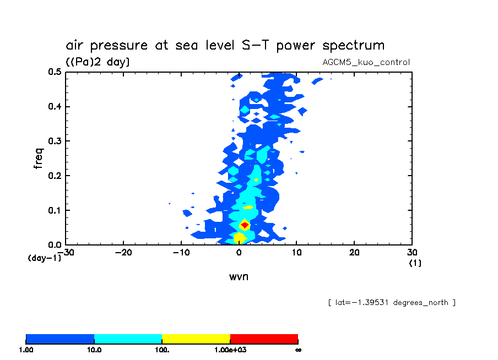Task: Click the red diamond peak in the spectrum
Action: (x=245, y=225)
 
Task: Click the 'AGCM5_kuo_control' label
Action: (x=366, y=62)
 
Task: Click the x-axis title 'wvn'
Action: (x=239, y=276)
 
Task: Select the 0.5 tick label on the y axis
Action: (x=54, y=72)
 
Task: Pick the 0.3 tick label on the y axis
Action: (x=54, y=141)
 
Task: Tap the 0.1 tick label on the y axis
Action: (x=54, y=210)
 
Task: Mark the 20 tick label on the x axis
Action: (x=354, y=253)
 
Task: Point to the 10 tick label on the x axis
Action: (x=296, y=253)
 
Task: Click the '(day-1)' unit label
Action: (x=44, y=258)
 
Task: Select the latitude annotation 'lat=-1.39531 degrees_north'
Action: (x=391, y=302)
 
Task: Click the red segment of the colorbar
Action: (x=264, y=339)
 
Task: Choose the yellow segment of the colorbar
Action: (x=196, y=339)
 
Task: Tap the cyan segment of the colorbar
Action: (x=128, y=339)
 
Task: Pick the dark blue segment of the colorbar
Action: (x=60, y=339)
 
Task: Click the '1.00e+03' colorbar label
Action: (x=229, y=350)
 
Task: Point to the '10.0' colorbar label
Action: (x=94, y=350)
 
